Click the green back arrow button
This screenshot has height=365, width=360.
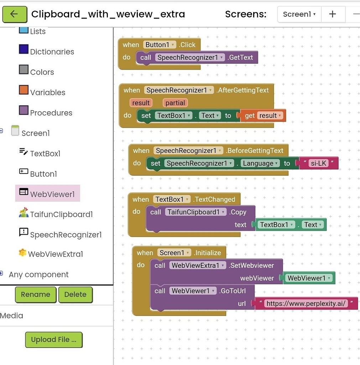pos(14,14)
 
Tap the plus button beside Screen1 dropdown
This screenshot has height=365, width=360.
pos(332,14)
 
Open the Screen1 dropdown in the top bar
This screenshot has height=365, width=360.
pos(299,14)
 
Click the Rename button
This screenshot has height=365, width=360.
pos(35,294)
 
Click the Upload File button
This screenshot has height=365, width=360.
pos(53,340)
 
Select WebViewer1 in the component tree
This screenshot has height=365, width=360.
pos(52,194)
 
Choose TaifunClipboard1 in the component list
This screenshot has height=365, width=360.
pos(61,214)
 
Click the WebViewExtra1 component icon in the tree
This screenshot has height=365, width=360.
pos(22,253)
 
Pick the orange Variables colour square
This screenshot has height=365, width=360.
pos(24,90)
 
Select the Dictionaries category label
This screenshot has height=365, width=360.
pos(52,52)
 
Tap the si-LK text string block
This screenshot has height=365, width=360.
pos(318,163)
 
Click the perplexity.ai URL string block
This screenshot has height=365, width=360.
pos(306,304)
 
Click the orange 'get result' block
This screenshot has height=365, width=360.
pos(264,115)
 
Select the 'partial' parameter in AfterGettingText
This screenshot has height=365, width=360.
pos(175,103)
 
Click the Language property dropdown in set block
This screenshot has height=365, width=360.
pos(260,163)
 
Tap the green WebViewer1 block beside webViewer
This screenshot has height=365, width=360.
pos(309,278)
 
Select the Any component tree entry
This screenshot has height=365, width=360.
pos(38,274)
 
